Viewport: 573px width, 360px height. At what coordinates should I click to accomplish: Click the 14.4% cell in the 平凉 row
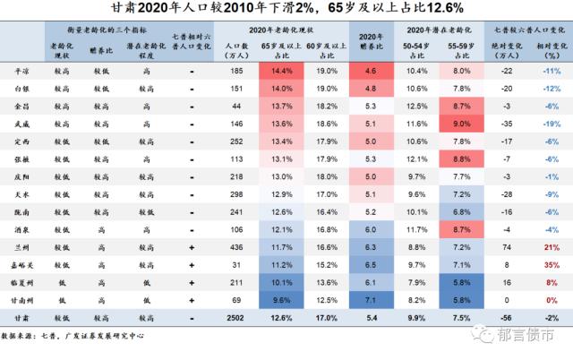[x=281, y=71]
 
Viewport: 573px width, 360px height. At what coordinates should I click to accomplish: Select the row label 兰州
[x=21, y=248]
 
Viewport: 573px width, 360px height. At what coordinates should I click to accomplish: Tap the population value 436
[x=236, y=247]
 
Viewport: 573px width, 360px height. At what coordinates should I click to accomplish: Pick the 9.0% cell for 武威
[x=462, y=124]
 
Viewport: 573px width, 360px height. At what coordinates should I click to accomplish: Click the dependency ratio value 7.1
[x=371, y=300]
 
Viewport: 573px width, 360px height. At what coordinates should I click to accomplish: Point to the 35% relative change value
[x=552, y=265]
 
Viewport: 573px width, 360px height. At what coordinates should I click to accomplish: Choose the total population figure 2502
[x=235, y=318]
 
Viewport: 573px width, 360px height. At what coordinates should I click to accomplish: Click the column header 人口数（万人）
[x=236, y=51]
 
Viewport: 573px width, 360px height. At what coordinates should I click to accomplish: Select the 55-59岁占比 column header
[x=462, y=51]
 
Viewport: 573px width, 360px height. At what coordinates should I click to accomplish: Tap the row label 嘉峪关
[x=21, y=265]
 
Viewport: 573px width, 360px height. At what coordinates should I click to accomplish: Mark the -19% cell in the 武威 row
[x=552, y=124]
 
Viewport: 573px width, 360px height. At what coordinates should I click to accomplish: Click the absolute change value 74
[x=507, y=247]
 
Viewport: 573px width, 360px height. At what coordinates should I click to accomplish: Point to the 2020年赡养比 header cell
[x=372, y=41]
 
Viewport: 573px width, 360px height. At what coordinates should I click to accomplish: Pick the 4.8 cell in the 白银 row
[x=371, y=89]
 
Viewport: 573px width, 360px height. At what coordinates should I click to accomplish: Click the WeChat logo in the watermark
[x=483, y=333]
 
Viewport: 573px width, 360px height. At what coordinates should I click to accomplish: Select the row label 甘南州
[x=21, y=300]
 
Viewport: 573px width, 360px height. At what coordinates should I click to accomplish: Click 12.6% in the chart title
[x=445, y=8]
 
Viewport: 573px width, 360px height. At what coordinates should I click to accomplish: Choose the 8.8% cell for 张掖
[x=462, y=159]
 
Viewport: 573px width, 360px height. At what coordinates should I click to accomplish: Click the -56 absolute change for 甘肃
[x=506, y=318]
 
